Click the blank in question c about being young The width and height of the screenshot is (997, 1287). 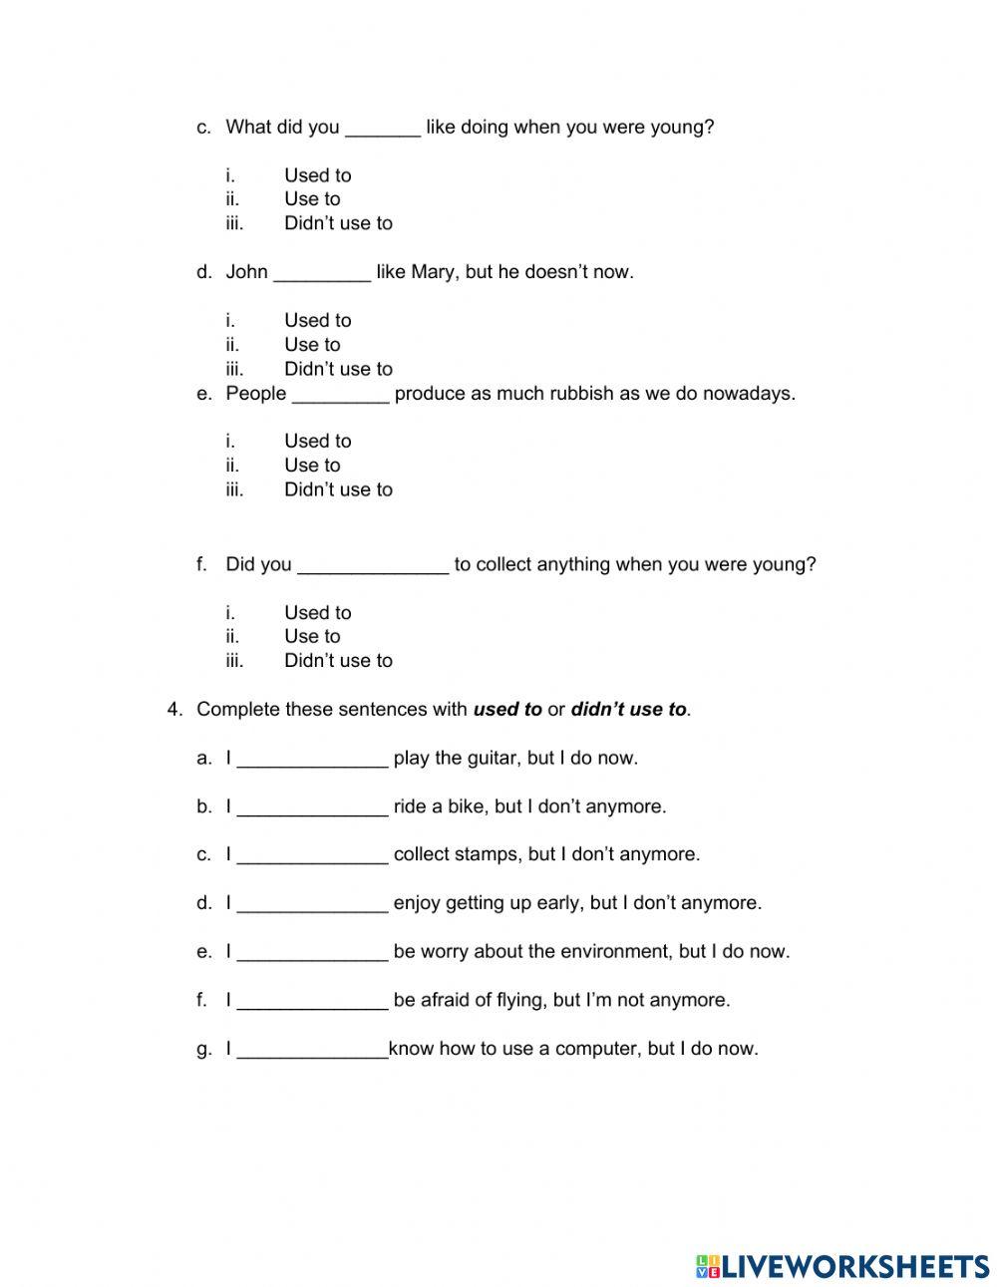(x=383, y=129)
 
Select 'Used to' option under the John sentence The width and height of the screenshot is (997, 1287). (x=317, y=320)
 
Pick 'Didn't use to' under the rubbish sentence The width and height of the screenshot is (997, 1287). (x=338, y=489)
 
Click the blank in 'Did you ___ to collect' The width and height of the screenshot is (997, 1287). (x=373, y=566)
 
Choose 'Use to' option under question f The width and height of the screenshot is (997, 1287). (x=312, y=636)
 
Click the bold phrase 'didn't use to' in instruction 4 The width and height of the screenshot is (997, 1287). (x=628, y=710)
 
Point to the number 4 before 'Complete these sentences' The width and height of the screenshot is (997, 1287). (x=174, y=710)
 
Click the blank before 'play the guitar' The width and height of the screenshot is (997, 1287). (x=312, y=760)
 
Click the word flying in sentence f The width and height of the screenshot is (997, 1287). (x=519, y=1000)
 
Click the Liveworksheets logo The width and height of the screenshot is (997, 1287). (x=842, y=1266)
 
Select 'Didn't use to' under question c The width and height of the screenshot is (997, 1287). (x=338, y=223)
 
